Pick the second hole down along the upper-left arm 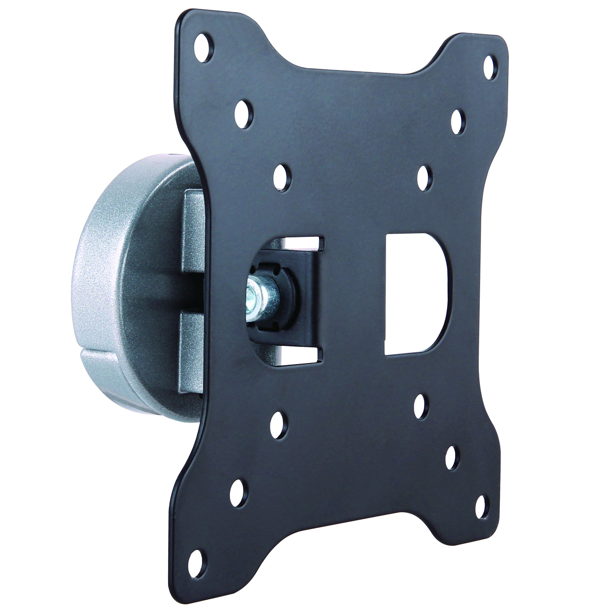coord(244,114)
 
